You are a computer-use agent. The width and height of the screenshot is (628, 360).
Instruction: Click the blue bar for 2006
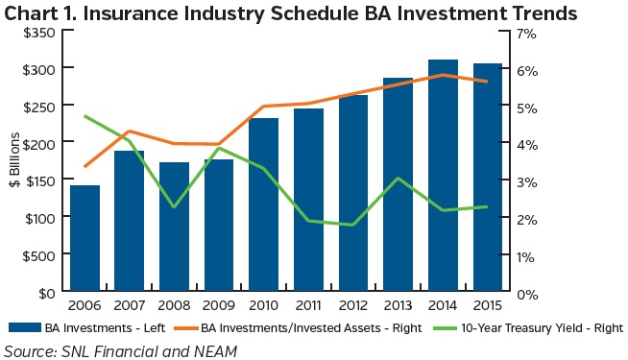click(x=85, y=239)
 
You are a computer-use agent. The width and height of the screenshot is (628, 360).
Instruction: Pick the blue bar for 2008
click(x=175, y=228)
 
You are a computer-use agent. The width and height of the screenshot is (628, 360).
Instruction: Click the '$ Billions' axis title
click(x=13, y=160)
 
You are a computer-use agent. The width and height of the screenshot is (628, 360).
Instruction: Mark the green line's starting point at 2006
click(x=85, y=116)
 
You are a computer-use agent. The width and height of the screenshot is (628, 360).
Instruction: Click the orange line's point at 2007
click(x=131, y=132)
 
